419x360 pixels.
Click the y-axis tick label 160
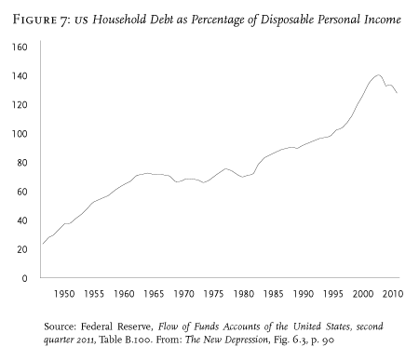[20, 47]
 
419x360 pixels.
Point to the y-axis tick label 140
[20, 75]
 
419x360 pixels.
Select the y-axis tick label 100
[20, 133]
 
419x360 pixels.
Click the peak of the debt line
[378, 75]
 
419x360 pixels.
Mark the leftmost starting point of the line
[42, 244]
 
